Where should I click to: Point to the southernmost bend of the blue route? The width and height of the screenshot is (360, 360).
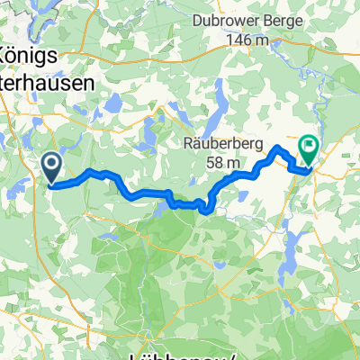point(206,211)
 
